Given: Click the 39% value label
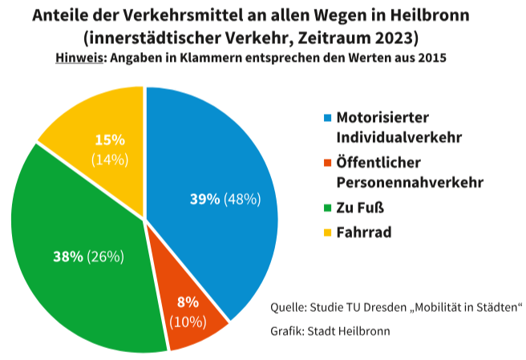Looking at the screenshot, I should tap(204, 200).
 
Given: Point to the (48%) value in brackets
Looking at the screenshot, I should tap(242, 200).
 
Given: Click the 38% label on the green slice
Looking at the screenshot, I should tap(68, 257).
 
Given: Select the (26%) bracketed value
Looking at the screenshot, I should tap(106, 257).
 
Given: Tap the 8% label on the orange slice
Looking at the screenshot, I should tap(188, 303).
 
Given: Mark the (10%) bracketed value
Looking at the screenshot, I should tap(188, 322).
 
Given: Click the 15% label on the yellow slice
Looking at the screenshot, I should tap(110, 140).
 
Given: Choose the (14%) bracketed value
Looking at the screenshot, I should tap(110, 159).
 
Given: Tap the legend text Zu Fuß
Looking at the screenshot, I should tap(361, 209).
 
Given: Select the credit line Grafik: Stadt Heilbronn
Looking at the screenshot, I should tap(331, 331).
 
